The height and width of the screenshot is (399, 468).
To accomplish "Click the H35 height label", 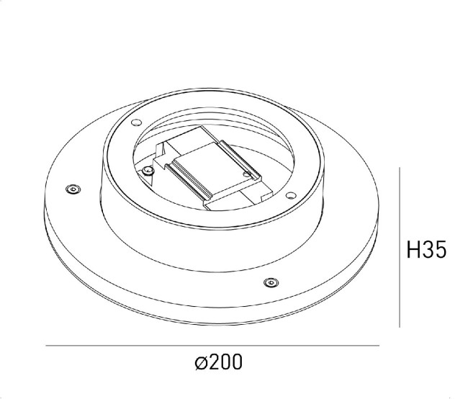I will (428, 250).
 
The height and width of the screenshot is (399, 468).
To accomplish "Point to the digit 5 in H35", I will (441, 250).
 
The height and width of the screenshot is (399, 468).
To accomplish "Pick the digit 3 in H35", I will (428, 250).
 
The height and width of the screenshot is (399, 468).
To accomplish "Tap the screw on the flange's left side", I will (72, 189).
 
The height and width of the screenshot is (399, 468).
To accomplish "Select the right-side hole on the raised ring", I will (289, 194).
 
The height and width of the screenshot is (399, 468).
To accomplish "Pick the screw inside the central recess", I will (148, 170).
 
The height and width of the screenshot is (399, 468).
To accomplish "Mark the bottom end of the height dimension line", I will (400, 328).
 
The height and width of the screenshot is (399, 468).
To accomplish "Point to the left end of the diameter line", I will (46, 346).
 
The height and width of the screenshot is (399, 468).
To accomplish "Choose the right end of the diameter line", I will (379, 346).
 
